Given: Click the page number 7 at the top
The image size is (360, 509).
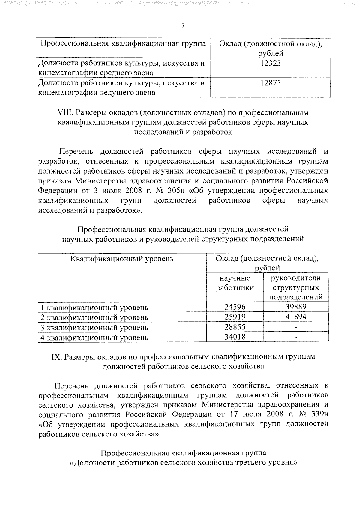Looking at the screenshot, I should click(183, 26).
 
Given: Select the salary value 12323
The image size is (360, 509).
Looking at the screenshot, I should click(271, 63).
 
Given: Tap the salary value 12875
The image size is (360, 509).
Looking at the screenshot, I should click(271, 83).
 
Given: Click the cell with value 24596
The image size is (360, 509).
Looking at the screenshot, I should click(235, 307).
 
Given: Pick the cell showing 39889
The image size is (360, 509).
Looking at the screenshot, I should click(296, 307).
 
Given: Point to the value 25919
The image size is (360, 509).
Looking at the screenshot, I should click(235, 317).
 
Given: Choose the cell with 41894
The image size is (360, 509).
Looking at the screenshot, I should click(296, 317).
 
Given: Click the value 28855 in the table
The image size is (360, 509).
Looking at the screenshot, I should click(235, 327).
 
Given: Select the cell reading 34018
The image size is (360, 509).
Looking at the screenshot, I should click(235, 337).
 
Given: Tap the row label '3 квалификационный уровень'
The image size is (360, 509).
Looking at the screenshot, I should click(94, 328).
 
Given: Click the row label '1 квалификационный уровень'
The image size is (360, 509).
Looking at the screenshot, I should click(94, 308).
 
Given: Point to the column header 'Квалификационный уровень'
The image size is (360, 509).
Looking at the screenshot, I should click(122, 259).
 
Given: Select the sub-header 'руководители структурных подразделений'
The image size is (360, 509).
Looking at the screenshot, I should click(296, 287).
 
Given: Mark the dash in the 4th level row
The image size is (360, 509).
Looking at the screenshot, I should click(296, 337).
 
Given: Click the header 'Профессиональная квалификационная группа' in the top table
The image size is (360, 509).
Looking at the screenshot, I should click(123, 44).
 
